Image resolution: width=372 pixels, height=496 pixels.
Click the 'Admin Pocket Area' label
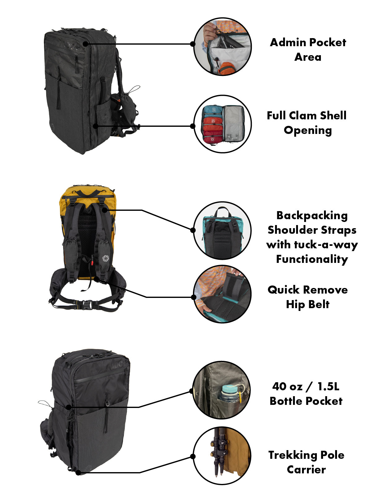click(308, 50)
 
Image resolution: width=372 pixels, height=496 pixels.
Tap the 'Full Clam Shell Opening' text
click(307, 123)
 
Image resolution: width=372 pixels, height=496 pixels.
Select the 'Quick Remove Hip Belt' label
click(308, 297)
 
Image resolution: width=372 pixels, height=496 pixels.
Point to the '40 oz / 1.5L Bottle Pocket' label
click(306, 394)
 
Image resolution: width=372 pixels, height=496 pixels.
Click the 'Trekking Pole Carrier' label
click(306, 462)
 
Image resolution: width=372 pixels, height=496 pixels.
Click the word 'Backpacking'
click(312, 215)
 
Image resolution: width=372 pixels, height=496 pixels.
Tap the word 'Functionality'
click(312, 259)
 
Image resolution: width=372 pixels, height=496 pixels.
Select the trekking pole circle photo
click(222, 456)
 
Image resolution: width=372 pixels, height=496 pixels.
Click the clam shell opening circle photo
click(222, 124)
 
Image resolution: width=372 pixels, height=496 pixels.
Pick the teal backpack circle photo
click(222, 231)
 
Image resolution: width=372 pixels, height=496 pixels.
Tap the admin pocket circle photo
click(222, 46)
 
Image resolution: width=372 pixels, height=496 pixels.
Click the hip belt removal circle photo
click(222, 294)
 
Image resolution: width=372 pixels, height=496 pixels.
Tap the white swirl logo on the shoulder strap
click(106, 258)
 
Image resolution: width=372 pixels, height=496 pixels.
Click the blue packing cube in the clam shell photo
click(212, 111)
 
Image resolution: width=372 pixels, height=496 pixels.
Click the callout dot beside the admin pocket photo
click(193, 44)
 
